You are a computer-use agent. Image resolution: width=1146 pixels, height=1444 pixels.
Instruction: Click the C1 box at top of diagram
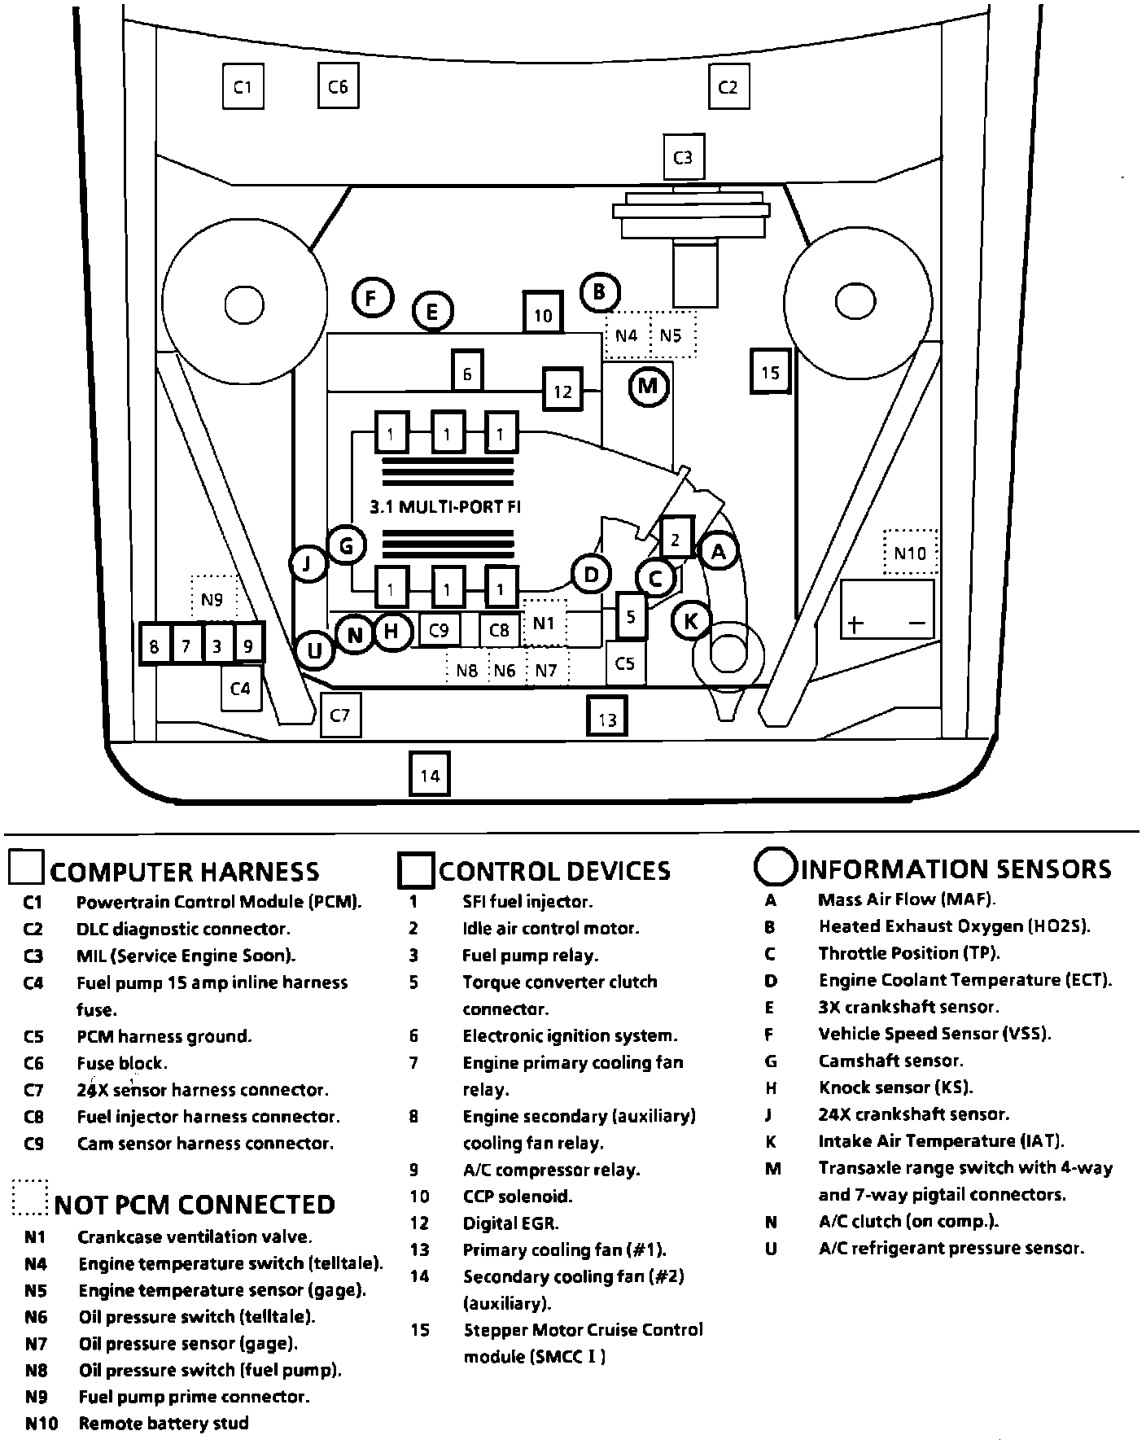click(x=243, y=86)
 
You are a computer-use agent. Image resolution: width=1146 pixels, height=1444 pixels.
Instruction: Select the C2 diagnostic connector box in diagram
click(x=728, y=86)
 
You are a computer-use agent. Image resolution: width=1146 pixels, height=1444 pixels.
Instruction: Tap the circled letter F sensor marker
click(x=372, y=298)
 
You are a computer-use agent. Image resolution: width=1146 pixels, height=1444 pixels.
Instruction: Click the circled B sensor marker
click(x=600, y=291)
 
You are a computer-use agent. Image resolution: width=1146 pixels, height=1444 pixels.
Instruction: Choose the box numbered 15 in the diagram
click(x=770, y=372)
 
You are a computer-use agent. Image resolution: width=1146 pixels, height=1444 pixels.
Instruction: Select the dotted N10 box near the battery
click(x=910, y=553)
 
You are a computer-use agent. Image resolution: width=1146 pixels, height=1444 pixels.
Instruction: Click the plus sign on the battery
click(x=855, y=624)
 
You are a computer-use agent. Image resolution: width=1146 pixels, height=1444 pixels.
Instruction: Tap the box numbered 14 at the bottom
click(x=430, y=775)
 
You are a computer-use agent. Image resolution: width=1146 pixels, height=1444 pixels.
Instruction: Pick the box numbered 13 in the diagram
click(x=607, y=717)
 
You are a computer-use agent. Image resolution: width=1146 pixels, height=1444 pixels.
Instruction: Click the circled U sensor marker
click(x=314, y=650)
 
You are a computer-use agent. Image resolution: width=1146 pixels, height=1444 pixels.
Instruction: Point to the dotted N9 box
click(x=212, y=600)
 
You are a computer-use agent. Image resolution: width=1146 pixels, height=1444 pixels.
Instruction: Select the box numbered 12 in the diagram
click(x=563, y=392)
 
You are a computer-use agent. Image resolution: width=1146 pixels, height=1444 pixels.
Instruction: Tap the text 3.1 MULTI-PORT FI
click(x=445, y=506)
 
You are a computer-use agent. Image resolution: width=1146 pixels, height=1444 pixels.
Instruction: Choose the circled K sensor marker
click(x=691, y=622)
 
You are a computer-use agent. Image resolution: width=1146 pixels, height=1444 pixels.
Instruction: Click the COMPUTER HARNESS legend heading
click(x=185, y=872)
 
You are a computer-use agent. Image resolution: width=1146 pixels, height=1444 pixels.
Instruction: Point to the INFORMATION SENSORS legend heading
click(x=956, y=869)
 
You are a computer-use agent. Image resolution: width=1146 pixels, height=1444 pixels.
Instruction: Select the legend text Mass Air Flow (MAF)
click(x=907, y=899)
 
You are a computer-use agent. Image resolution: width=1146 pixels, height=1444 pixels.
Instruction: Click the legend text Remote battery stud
click(x=163, y=1424)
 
